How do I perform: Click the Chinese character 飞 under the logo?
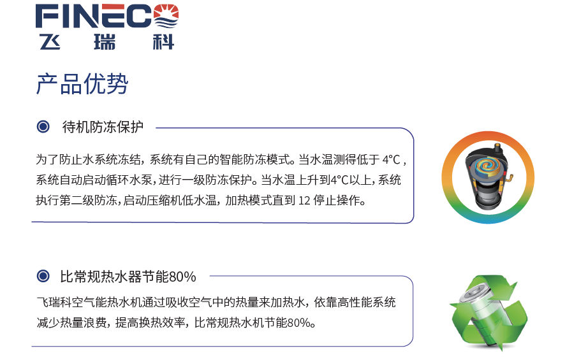[50, 42]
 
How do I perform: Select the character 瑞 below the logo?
[105, 42]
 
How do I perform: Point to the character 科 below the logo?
[163, 42]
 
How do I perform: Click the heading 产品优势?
[82, 84]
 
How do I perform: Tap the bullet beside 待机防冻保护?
[43, 127]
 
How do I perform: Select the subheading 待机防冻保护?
[103, 127]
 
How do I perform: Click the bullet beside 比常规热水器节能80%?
[43, 276]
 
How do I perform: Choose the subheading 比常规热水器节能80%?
[128, 277]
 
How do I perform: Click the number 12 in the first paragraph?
[304, 201]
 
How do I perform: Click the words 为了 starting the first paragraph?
[47, 159]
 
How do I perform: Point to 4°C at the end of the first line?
[391, 159]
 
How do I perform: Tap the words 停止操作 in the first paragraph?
[336, 201]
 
